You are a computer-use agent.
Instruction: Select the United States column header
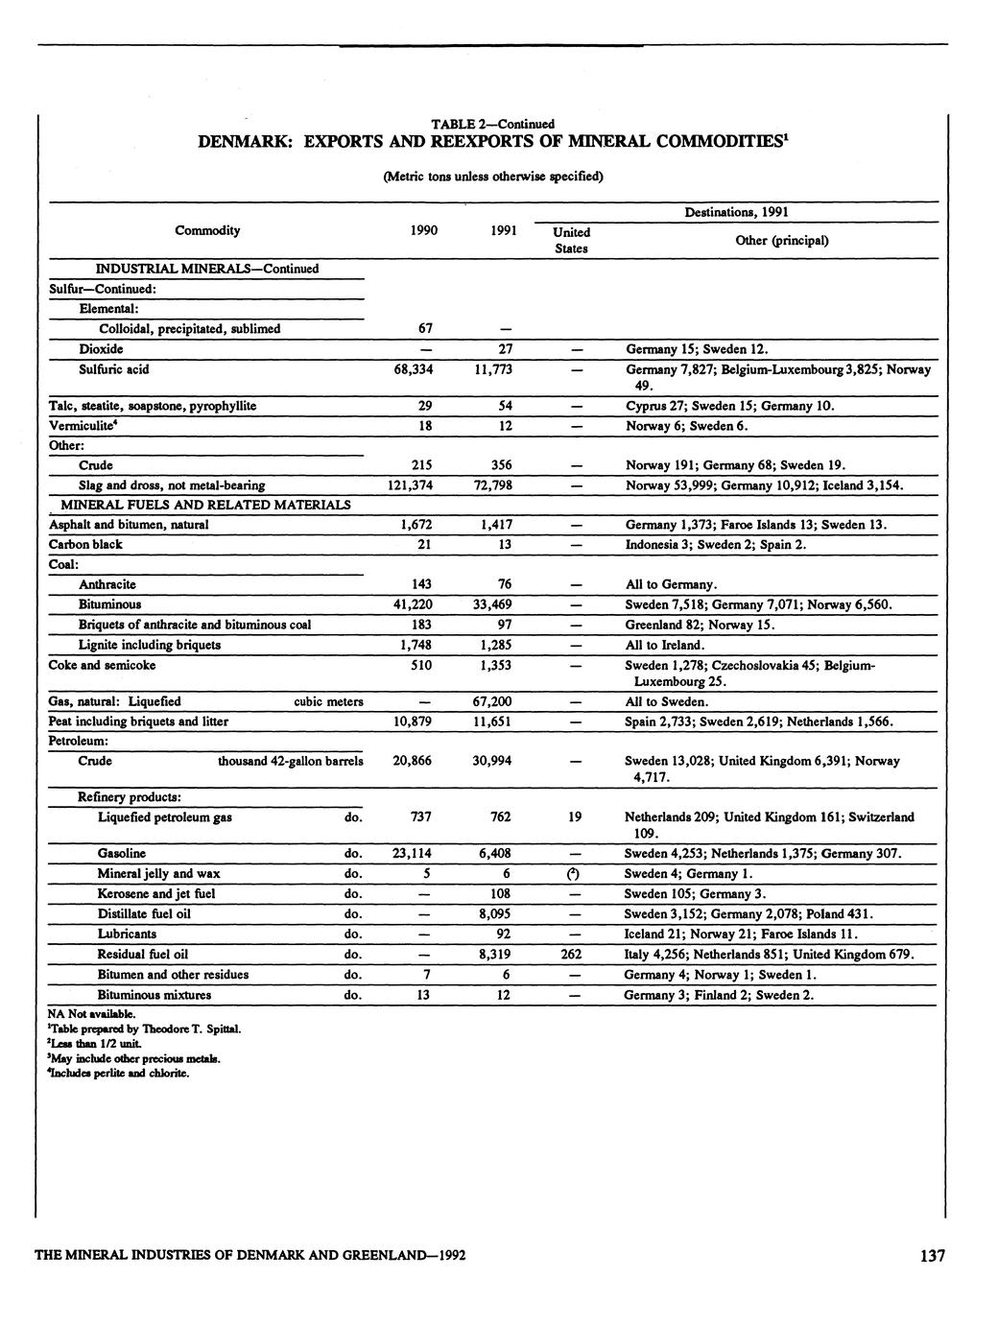pos(571,240)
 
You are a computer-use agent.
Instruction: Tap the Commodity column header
pos(207,230)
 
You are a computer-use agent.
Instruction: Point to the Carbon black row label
pos(85,545)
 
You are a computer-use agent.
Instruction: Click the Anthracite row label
pos(107,584)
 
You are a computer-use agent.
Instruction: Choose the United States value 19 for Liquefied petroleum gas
pos(574,817)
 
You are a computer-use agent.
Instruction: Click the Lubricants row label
pos(127,934)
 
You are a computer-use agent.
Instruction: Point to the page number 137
pos(930,1256)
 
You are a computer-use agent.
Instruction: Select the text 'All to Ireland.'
pos(664,645)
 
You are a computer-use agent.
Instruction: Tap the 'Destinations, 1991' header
pos(735,212)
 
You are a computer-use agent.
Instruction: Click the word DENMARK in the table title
pos(246,143)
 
